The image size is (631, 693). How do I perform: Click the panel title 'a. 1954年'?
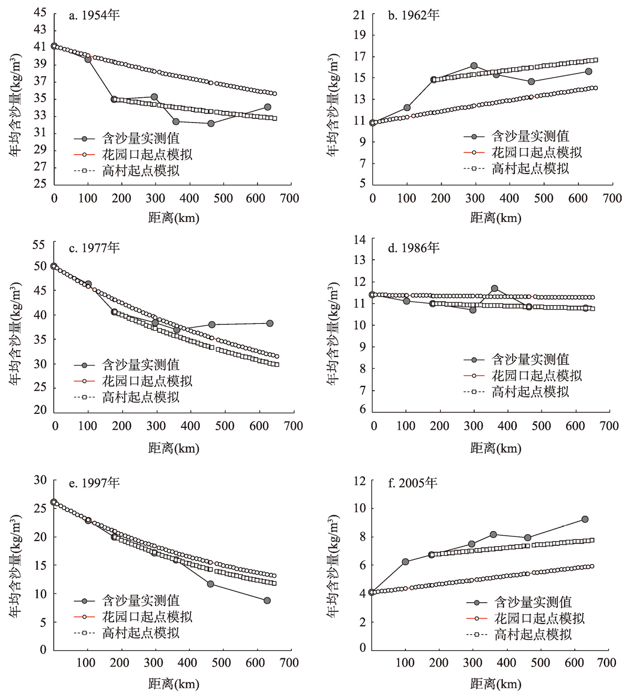coord(95,15)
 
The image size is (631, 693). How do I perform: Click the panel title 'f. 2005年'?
coord(413,483)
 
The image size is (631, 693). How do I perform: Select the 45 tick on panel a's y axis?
coord(40,12)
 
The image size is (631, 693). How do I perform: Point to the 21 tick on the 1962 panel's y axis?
coord(359,15)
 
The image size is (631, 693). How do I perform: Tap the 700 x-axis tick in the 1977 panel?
coord(293,426)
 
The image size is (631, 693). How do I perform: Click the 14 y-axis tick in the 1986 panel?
coord(360,240)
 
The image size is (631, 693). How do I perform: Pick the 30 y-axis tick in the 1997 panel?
coord(40,480)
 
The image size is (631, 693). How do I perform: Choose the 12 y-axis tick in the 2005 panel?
coord(360,481)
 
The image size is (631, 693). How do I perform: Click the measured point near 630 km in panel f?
coord(585,519)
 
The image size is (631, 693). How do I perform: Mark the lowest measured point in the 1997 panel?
coord(267,600)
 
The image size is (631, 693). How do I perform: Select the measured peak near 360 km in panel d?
coord(494,289)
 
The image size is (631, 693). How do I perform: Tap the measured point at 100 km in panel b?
coord(407,108)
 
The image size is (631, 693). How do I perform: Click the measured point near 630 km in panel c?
coord(270,323)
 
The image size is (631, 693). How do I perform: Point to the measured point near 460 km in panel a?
coord(211,124)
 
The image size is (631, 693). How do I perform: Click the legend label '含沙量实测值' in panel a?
coord(141,138)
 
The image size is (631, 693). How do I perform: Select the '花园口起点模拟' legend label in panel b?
coord(537,152)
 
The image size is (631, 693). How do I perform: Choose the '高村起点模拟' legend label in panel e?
coord(141,633)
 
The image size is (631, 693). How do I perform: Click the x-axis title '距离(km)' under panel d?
coord(495,449)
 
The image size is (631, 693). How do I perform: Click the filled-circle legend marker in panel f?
coord(477,603)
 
